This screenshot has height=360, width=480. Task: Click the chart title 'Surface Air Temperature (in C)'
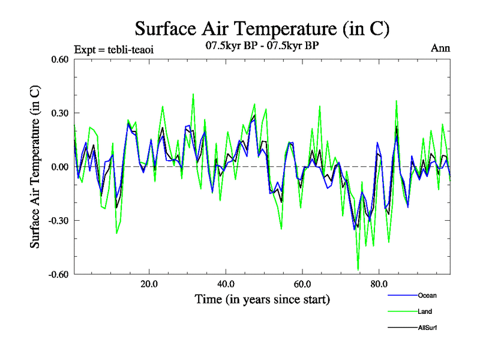point(262,28)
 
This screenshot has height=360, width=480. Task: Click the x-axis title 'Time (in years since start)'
point(262,299)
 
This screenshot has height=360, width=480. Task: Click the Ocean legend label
point(427,295)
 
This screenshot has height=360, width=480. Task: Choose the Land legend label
point(425,311)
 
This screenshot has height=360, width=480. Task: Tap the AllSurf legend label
point(427,328)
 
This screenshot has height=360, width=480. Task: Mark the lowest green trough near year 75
point(358,270)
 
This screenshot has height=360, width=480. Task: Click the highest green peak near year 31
point(193,94)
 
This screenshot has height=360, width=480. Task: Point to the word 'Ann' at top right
point(440,49)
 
